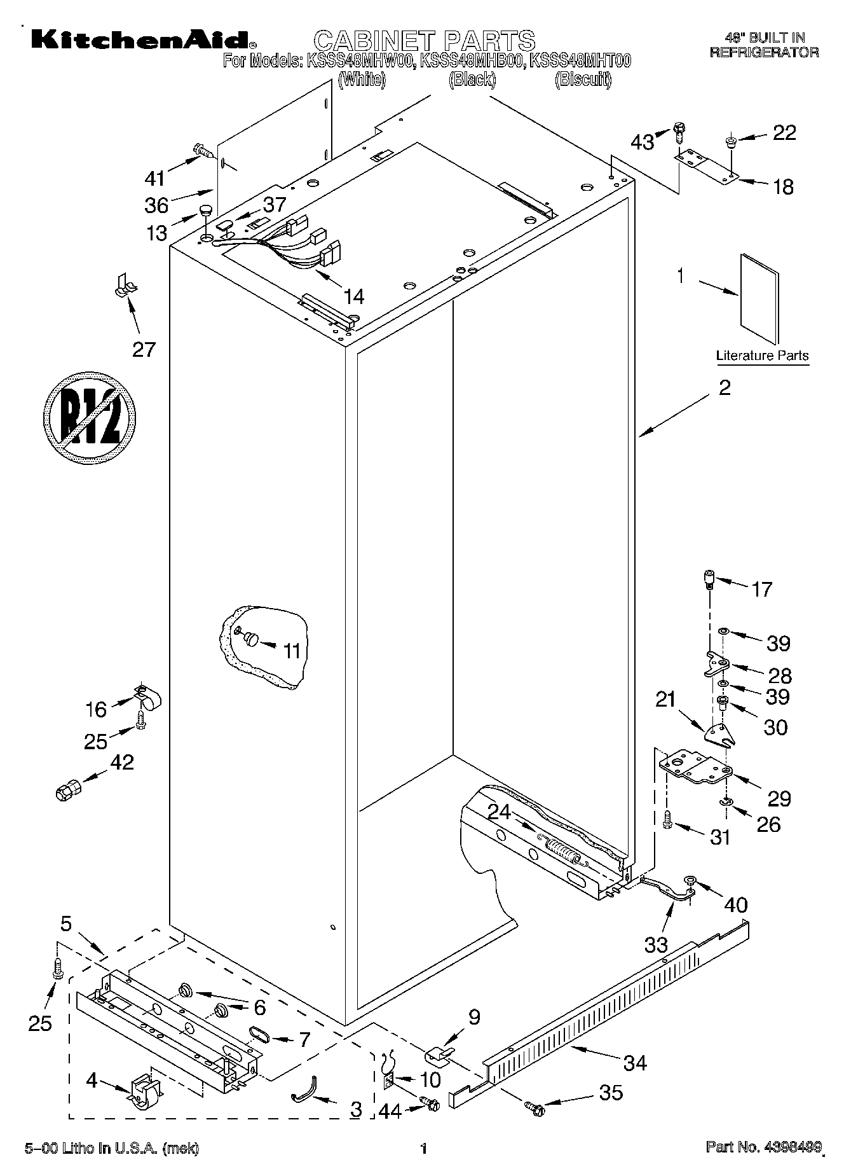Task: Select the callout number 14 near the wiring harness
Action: [353, 296]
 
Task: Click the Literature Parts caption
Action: [762, 356]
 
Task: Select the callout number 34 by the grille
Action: [635, 1062]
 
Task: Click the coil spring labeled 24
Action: [562, 849]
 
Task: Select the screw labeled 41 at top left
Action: [203, 151]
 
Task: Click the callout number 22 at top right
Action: [784, 133]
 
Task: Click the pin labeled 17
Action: [709, 580]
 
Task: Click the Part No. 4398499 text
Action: [764, 1148]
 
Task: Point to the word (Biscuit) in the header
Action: [582, 80]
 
